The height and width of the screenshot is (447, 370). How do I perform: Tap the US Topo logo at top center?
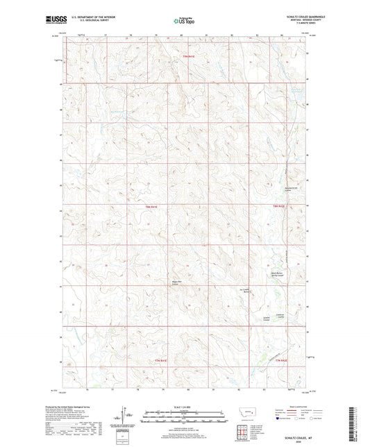pos(184,22)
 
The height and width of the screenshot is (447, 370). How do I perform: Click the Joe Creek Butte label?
pos(244,291)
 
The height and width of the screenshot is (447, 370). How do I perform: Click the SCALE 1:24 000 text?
pos(184,405)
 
